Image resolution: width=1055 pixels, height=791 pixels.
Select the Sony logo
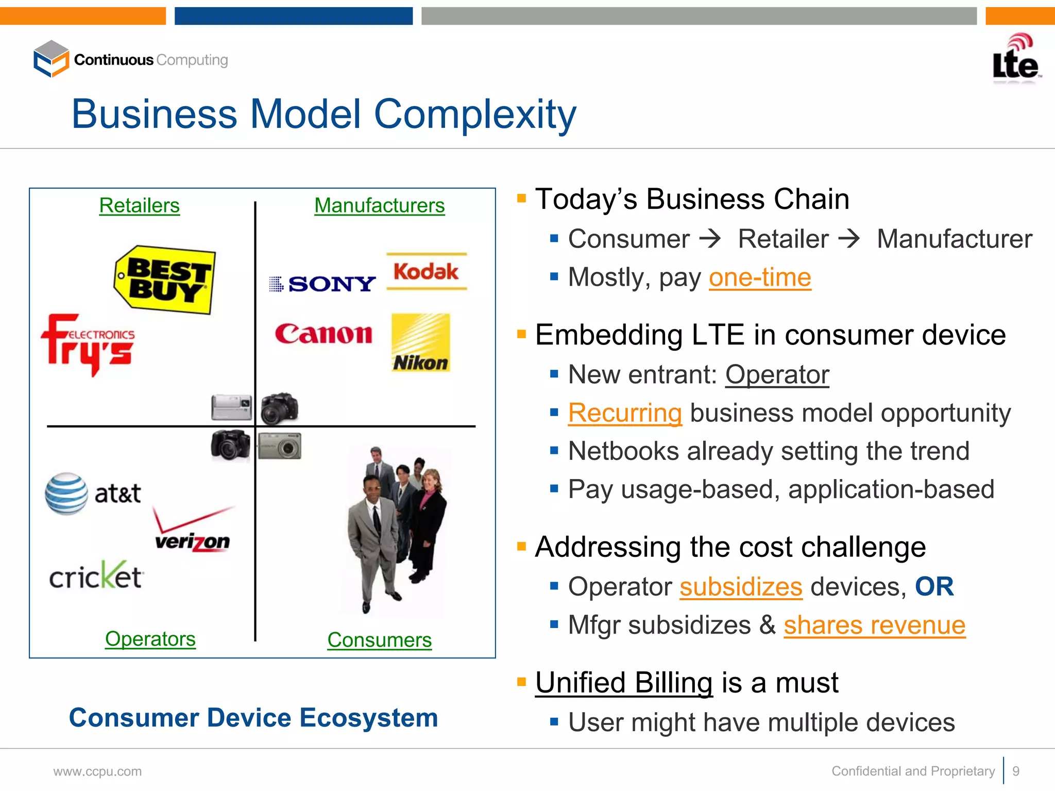pyautogui.click(x=323, y=284)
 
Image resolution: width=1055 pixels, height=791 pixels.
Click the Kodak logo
pyautogui.click(x=427, y=272)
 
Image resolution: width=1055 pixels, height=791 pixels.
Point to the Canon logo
pyautogui.click(x=324, y=334)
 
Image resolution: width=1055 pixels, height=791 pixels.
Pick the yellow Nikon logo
pyautogui.click(x=420, y=342)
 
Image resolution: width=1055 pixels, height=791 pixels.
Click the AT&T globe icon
pyautogui.click(x=66, y=493)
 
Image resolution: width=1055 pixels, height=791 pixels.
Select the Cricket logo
pyautogui.click(x=96, y=576)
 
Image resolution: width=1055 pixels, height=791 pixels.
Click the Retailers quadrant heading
pyautogui.click(x=139, y=206)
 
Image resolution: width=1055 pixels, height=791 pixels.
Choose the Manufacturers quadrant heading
pyautogui.click(x=379, y=206)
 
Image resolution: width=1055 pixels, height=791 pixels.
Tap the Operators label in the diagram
pyautogui.click(x=150, y=639)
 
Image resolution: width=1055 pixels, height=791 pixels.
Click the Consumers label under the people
pyautogui.click(x=379, y=640)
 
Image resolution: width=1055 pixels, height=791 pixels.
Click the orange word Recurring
pyautogui.click(x=625, y=413)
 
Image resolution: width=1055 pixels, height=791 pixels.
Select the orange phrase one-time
pyautogui.click(x=760, y=277)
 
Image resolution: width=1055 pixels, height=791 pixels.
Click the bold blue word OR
pyautogui.click(x=934, y=587)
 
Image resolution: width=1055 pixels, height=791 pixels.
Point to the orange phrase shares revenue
pyautogui.click(x=874, y=625)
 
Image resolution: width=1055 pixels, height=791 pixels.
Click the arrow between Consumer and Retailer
pyautogui.click(x=710, y=239)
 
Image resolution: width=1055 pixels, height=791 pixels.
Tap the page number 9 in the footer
pyautogui.click(x=1016, y=771)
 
